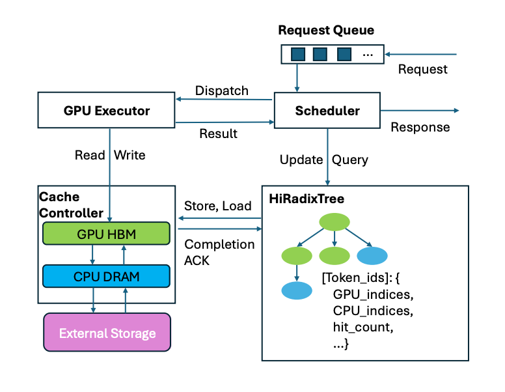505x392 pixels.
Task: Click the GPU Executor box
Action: (106, 110)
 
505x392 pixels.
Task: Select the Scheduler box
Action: (327, 111)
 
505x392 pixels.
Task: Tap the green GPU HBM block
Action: (106, 233)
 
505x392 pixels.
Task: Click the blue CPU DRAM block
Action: (106, 276)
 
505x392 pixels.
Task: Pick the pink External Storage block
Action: (107, 332)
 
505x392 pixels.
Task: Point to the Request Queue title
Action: (326, 30)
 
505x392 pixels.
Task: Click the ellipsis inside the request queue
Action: (368, 55)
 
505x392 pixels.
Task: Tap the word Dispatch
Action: (221, 91)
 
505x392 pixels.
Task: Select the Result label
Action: (219, 133)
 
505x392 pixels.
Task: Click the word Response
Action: (420, 128)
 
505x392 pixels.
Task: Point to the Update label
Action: (301, 160)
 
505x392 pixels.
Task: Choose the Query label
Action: (350, 160)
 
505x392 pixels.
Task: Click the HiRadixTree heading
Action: (307, 199)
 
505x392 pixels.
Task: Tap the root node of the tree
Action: (334, 222)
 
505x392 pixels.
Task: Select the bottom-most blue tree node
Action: (297, 290)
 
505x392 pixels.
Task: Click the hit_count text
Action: (363, 327)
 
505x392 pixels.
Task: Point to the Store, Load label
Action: (218, 206)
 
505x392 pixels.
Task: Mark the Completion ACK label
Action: (219, 253)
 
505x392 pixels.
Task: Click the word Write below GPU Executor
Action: (130, 155)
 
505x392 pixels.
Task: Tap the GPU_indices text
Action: (374, 294)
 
